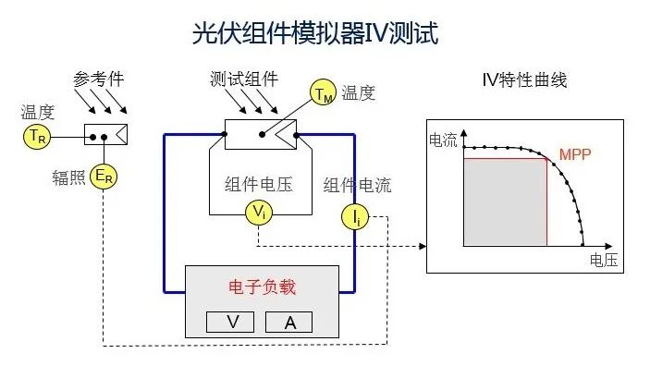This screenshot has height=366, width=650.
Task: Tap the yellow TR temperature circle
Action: [x=34, y=136]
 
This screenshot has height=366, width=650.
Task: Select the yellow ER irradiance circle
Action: [x=105, y=177]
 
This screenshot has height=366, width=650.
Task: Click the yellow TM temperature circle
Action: [x=323, y=93]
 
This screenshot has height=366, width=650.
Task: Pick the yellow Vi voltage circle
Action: [x=259, y=212]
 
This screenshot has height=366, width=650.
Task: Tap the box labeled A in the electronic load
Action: [x=289, y=322]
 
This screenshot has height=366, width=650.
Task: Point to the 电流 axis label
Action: [x=444, y=140]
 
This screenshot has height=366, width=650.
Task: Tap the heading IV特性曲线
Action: [x=524, y=80]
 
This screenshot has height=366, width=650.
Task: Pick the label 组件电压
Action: [x=258, y=184]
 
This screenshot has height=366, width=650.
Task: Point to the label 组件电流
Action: [x=357, y=185]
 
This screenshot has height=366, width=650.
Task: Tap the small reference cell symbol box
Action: [x=105, y=135]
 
